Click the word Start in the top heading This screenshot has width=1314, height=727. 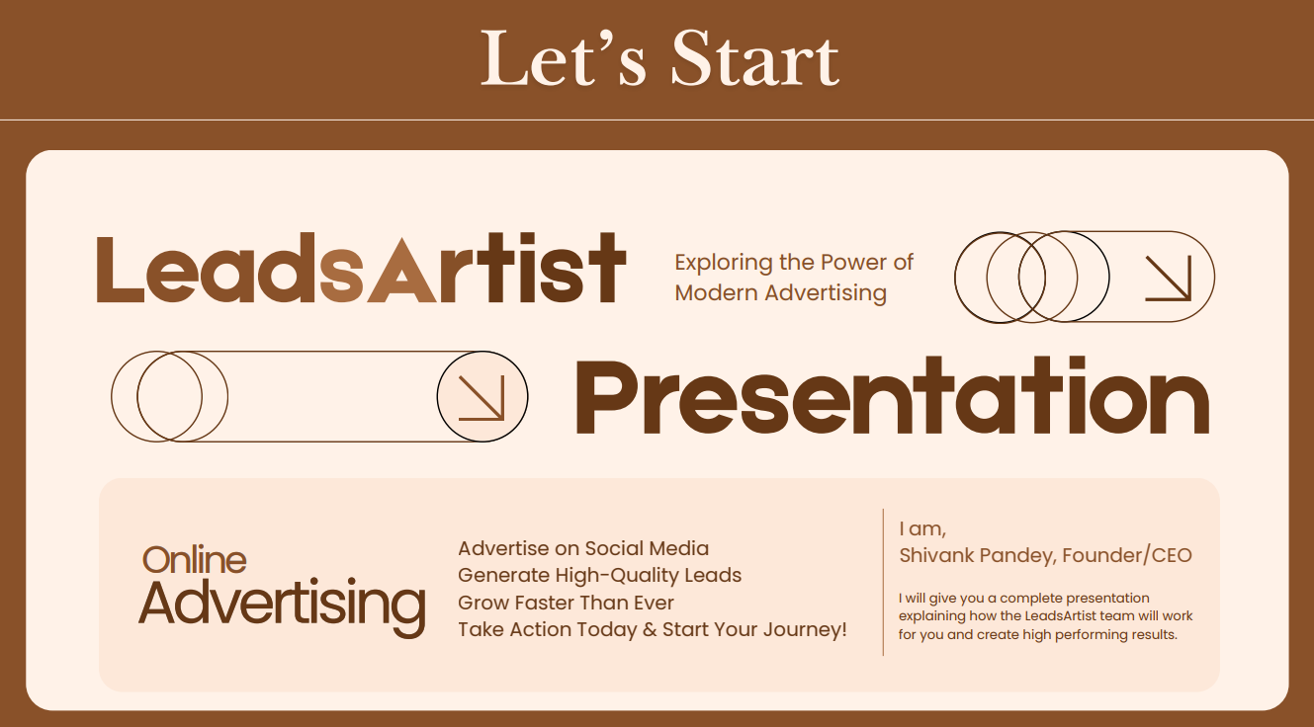755,59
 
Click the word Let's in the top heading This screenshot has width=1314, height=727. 564,58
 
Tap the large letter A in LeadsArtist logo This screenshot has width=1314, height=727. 402,271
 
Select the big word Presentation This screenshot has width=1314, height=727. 892,396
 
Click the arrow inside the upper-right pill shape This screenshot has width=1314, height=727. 1168,279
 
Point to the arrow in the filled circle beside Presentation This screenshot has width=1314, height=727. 482,398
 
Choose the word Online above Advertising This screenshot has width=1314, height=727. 194,559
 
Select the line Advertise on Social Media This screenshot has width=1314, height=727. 583,548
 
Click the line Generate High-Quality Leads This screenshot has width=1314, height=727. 599,575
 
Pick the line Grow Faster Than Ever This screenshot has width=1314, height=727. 566,603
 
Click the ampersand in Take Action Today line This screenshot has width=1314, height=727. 650,630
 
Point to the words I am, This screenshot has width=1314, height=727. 922,529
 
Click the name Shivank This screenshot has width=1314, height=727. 936,555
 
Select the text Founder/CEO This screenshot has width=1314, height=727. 1127,555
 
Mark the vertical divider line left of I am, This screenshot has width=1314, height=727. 883,583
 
